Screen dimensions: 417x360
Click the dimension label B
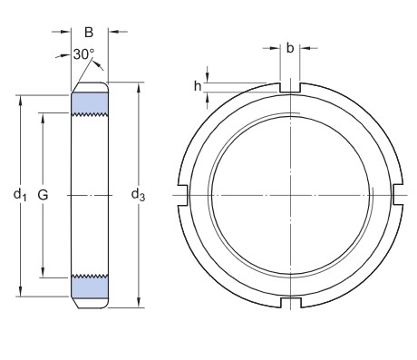89,33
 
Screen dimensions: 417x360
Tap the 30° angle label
83,54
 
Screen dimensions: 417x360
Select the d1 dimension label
20,194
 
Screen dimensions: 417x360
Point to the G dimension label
43,195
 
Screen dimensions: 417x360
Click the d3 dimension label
138,195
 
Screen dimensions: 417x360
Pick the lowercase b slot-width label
290,48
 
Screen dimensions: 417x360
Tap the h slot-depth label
198,86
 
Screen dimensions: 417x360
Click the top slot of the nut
290,87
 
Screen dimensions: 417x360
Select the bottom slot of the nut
291,303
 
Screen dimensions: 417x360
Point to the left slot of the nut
183,195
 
